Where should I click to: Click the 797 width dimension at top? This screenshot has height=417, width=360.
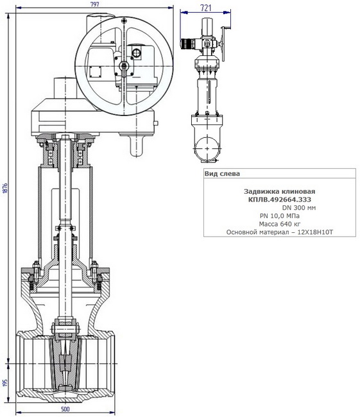[x=95, y=4]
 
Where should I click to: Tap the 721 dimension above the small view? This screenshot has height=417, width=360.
[x=206, y=8]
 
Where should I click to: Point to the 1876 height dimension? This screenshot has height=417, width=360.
[x=5, y=188]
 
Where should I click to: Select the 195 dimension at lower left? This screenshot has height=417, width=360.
[x=5, y=383]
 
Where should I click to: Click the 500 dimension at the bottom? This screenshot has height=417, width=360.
[x=65, y=409]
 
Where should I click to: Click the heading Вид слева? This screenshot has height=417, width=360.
[x=222, y=174]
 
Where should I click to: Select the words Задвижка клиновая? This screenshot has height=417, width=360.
[x=279, y=191]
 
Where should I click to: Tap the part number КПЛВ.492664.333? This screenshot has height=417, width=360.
[x=279, y=200]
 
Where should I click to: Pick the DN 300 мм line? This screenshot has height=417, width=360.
[x=299, y=208]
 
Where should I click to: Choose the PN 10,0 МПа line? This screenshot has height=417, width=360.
[x=279, y=216]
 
